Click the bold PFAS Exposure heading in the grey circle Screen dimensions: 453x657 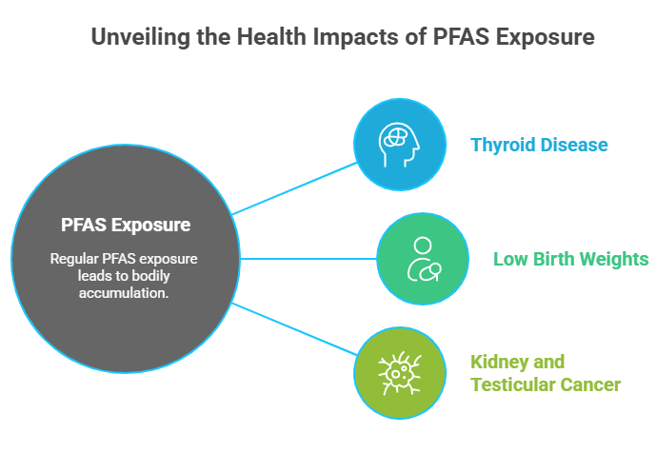[x=126, y=226]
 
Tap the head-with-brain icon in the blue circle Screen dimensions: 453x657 [x=399, y=145]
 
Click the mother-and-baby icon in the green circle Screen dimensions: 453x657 [x=422, y=258]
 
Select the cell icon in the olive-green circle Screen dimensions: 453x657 [x=399, y=372]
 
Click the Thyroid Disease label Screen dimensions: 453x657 [x=539, y=146]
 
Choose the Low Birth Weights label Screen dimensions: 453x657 [x=571, y=259]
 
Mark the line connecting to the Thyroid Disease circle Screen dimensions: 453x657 [x=293, y=188]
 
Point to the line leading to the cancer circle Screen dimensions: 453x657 [x=293, y=329]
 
